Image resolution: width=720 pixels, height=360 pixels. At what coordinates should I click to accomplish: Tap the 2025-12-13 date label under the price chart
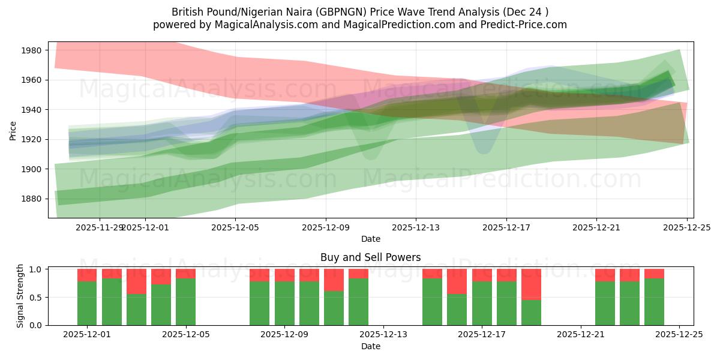click(416, 228)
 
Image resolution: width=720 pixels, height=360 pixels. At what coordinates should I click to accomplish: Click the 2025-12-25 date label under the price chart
click(686, 228)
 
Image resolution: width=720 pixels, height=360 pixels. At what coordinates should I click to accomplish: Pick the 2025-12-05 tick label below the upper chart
click(235, 228)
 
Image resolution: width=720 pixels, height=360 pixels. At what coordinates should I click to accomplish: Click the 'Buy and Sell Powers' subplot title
click(370, 257)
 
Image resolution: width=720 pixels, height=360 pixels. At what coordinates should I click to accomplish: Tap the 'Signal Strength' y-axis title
click(20, 296)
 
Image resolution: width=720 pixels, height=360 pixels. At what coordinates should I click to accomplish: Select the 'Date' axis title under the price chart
click(370, 239)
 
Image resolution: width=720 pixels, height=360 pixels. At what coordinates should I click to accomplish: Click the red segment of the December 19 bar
click(531, 284)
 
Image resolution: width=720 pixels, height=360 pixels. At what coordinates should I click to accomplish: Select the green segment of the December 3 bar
click(136, 310)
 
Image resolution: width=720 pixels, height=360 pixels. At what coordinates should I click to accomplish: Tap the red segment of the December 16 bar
click(457, 281)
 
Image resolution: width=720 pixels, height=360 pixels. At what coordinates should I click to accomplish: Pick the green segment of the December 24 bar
click(654, 302)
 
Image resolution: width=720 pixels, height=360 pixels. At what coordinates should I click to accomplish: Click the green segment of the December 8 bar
click(259, 303)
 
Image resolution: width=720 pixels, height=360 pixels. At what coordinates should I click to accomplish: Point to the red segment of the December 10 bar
click(334, 280)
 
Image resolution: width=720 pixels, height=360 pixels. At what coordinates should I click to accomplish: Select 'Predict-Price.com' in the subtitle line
click(520, 25)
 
